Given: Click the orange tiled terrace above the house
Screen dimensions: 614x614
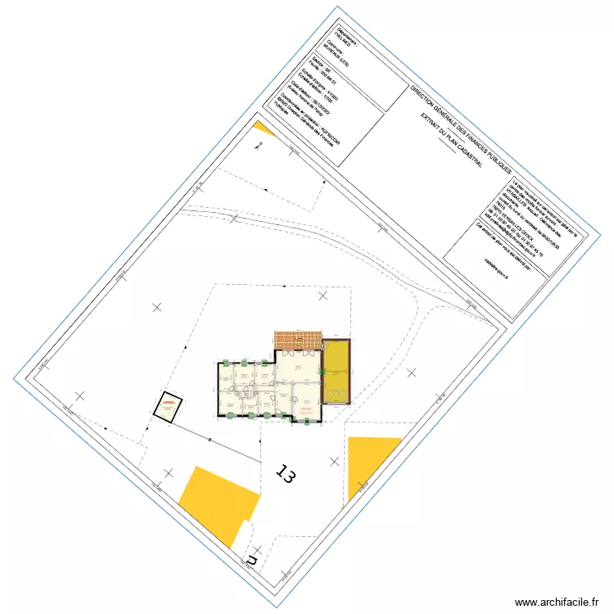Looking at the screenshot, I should pos(298,339).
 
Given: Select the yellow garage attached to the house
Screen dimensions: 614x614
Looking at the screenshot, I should pos(336,372).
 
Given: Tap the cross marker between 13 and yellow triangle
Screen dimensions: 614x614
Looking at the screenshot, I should pos(334,460).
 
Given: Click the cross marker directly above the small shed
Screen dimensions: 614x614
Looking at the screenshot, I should pos(156,307).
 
